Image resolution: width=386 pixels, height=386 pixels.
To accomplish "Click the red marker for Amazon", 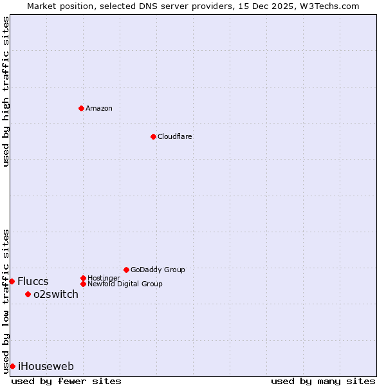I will click(x=81, y=108).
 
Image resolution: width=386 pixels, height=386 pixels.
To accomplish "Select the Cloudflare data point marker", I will click(x=153, y=136).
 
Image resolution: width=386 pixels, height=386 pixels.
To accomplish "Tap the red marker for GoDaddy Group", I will click(x=126, y=270).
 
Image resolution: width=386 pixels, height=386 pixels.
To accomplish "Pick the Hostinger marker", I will click(x=83, y=278).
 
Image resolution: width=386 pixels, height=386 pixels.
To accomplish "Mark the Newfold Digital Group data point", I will click(x=83, y=284).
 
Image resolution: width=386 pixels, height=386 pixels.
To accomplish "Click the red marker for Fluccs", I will click(x=12, y=281).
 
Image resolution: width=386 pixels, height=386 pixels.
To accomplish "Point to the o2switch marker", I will click(x=28, y=294).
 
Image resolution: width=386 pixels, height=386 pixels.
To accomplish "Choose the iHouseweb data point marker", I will click(x=12, y=366).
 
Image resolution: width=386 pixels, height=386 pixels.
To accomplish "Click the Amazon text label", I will click(x=99, y=108).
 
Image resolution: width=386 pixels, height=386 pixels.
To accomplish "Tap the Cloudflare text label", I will click(x=175, y=136).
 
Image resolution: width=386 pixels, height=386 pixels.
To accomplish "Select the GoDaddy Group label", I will click(x=158, y=270).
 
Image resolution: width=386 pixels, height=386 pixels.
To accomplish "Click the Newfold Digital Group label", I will click(x=125, y=284).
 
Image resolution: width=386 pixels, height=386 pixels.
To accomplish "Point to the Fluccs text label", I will click(x=33, y=281).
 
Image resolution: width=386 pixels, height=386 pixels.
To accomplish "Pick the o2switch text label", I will click(x=56, y=294).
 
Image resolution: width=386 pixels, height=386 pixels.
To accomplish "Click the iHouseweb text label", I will click(x=46, y=366).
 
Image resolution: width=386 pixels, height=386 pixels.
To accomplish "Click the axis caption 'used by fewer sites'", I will click(x=66, y=381).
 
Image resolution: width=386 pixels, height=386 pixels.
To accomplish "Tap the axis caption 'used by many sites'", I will click(x=323, y=381).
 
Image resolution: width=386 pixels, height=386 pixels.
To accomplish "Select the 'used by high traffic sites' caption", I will click(x=6, y=91).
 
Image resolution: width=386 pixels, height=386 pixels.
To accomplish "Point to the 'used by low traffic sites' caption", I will click(x=6, y=300).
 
